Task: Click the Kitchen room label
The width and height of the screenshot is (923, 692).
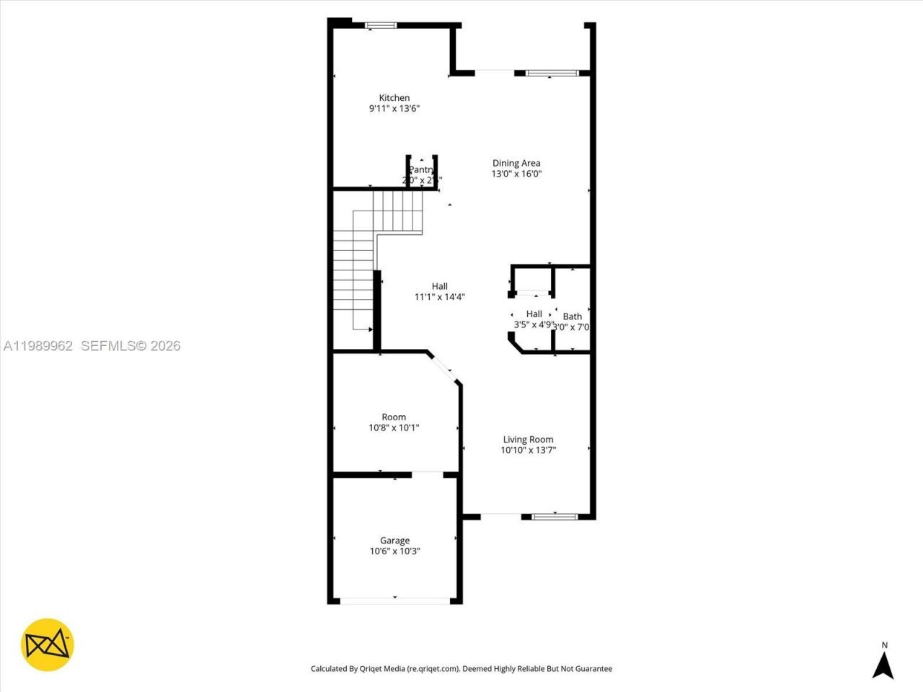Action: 394,98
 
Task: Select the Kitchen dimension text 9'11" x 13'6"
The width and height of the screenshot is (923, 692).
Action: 394,109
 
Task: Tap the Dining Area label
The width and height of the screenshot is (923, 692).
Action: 516,163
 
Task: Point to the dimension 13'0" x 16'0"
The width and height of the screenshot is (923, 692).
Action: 516,174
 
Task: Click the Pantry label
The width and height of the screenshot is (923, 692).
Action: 421,170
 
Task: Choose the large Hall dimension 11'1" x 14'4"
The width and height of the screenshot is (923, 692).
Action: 439,297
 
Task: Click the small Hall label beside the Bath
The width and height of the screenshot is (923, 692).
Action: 534,314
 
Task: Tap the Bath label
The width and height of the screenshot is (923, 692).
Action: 573,316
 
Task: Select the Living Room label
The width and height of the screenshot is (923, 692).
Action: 528,440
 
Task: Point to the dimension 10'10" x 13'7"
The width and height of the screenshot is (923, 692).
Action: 528,451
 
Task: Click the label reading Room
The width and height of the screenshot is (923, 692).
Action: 394,417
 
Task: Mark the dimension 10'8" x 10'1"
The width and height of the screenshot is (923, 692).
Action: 394,427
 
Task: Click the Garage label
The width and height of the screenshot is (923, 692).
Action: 394,541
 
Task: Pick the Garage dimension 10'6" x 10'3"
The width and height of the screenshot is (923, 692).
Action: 394,551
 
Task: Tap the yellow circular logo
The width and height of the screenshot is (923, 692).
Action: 48,644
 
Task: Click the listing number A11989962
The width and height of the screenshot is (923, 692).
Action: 37,346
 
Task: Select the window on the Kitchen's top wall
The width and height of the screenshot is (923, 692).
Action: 380,25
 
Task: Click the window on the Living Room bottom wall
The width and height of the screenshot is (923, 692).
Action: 555,516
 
